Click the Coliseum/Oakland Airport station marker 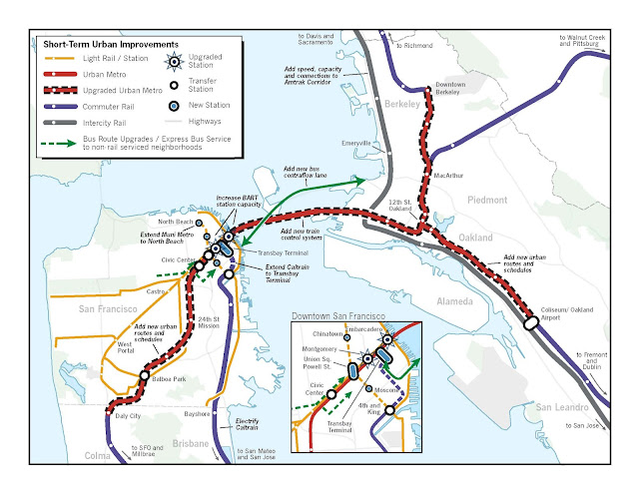(528, 322)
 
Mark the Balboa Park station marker (145, 377)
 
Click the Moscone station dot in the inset (370, 388)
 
